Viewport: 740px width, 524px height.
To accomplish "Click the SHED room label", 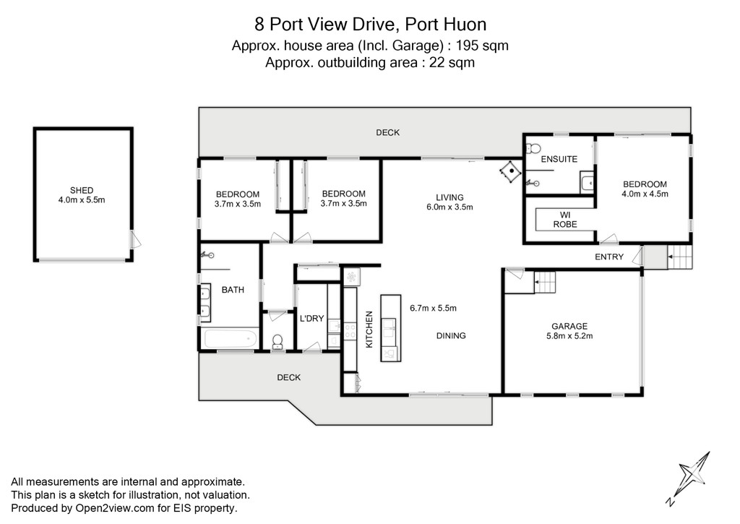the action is [82, 190].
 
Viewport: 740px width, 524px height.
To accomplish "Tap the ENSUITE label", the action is [559, 159].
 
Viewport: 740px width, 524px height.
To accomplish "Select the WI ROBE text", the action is [565, 220].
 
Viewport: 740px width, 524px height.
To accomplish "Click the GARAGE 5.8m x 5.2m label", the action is [569, 331].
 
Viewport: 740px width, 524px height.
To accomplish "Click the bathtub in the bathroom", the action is [229, 338].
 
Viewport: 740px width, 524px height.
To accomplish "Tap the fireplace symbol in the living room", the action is [511, 171].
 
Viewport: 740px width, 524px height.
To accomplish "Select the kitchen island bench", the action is [391, 328].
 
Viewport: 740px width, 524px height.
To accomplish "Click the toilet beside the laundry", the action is [277, 342].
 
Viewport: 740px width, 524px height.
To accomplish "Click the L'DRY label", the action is [311, 319].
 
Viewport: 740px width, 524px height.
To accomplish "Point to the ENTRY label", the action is [608, 257].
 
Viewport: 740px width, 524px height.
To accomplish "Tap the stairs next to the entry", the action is [679, 257].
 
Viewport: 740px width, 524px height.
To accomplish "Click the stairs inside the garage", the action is [545, 282].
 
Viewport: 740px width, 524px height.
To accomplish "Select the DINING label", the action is [451, 335].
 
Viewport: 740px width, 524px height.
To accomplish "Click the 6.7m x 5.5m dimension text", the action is [433, 309].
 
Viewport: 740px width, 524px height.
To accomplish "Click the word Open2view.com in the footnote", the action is [115, 508].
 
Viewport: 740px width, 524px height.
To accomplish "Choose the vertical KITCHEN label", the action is [369, 330].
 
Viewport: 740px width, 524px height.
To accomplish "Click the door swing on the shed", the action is [135, 239].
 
